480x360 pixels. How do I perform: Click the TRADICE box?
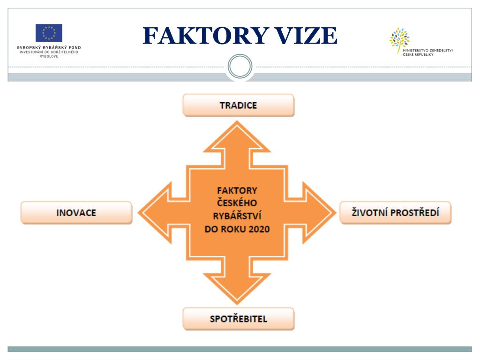(x=238, y=105)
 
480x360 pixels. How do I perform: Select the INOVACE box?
(x=76, y=212)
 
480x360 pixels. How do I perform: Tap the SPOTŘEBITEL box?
(x=238, y=319)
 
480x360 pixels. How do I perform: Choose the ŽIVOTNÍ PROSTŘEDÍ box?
(x=395, y=212)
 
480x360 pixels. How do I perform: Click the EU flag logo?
(x=49, y=33)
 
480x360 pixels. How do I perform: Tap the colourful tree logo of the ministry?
(x=399, y=40)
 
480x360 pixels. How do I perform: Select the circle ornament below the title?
(x=240, y=67)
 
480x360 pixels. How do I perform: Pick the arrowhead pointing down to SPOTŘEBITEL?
(x=237, y=288)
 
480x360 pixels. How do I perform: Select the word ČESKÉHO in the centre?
(x=237, y=203)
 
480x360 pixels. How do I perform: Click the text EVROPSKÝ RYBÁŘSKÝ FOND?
(x=49, y=47)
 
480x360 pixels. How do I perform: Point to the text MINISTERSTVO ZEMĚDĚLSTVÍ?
(x=427, y=50)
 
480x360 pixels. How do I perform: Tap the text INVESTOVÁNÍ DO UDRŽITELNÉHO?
(x=49, y=52)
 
